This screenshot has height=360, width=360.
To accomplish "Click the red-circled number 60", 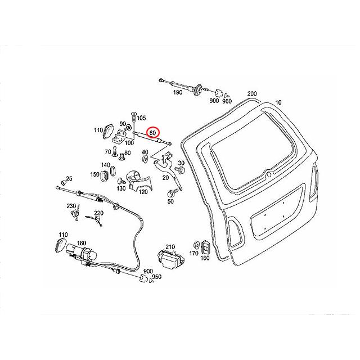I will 152,133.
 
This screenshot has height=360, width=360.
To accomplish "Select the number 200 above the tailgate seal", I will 251,94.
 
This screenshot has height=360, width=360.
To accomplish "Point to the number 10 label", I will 277,103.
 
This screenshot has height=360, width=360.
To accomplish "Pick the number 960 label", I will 227,102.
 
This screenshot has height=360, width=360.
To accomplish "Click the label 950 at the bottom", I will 156,277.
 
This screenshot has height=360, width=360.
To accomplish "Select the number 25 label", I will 69,179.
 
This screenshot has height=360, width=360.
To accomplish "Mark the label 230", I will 71,205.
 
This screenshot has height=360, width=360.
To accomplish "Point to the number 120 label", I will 143,191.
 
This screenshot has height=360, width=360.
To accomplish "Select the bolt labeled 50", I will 170,193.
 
